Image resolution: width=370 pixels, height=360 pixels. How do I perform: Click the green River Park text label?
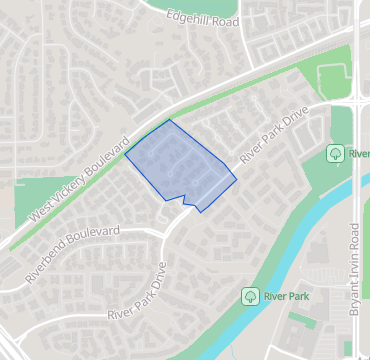point(286,296)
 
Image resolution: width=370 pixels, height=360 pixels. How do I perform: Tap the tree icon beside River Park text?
point(249,296)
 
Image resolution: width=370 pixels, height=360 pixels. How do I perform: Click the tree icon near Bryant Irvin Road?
point(335,153)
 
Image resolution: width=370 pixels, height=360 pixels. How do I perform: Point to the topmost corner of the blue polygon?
point(171,120)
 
